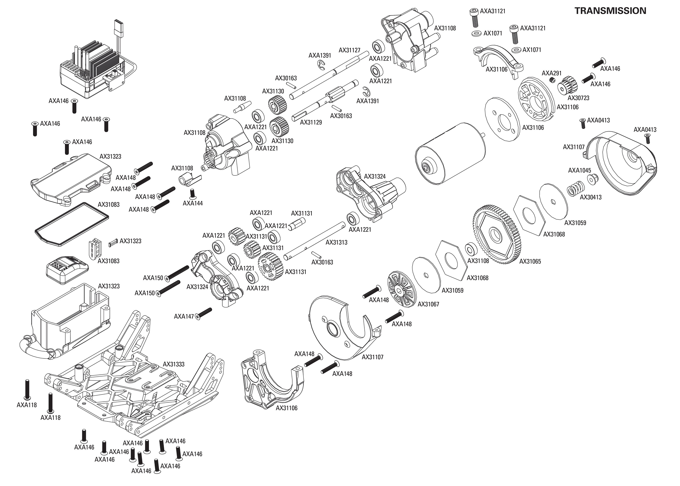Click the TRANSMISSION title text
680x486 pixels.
coord(610,11)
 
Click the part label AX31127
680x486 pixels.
coord(349,50)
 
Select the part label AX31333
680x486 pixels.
coord(173,364)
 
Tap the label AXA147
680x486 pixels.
coord(184,316)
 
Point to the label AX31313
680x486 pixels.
coord(336,242)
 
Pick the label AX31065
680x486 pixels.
coord(530,261)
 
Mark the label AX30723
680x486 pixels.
coord(578,98)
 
